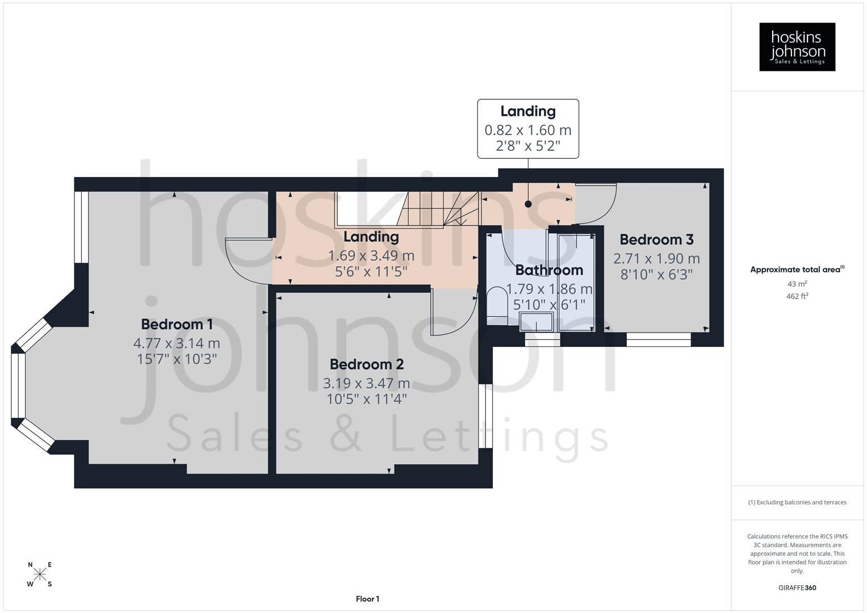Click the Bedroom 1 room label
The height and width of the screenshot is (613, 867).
177,324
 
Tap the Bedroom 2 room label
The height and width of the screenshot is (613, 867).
366,364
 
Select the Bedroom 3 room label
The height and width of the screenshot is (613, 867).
656,240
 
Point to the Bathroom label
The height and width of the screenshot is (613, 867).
548,270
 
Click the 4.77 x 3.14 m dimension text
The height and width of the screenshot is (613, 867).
177,343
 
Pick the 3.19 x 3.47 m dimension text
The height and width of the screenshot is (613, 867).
366,383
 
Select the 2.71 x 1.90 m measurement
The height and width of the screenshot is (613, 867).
656,259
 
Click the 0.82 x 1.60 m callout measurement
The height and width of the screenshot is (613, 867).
527,130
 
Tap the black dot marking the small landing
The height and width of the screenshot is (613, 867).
528,204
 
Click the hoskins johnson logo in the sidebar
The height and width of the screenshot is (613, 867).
797,47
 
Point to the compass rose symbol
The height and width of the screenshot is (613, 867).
40,574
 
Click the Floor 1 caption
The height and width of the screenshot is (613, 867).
367,599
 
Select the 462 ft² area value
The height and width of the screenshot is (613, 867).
797,296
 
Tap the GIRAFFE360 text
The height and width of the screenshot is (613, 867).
797,588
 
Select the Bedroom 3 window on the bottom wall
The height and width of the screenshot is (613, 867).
658,339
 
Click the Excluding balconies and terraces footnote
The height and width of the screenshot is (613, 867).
797,502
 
